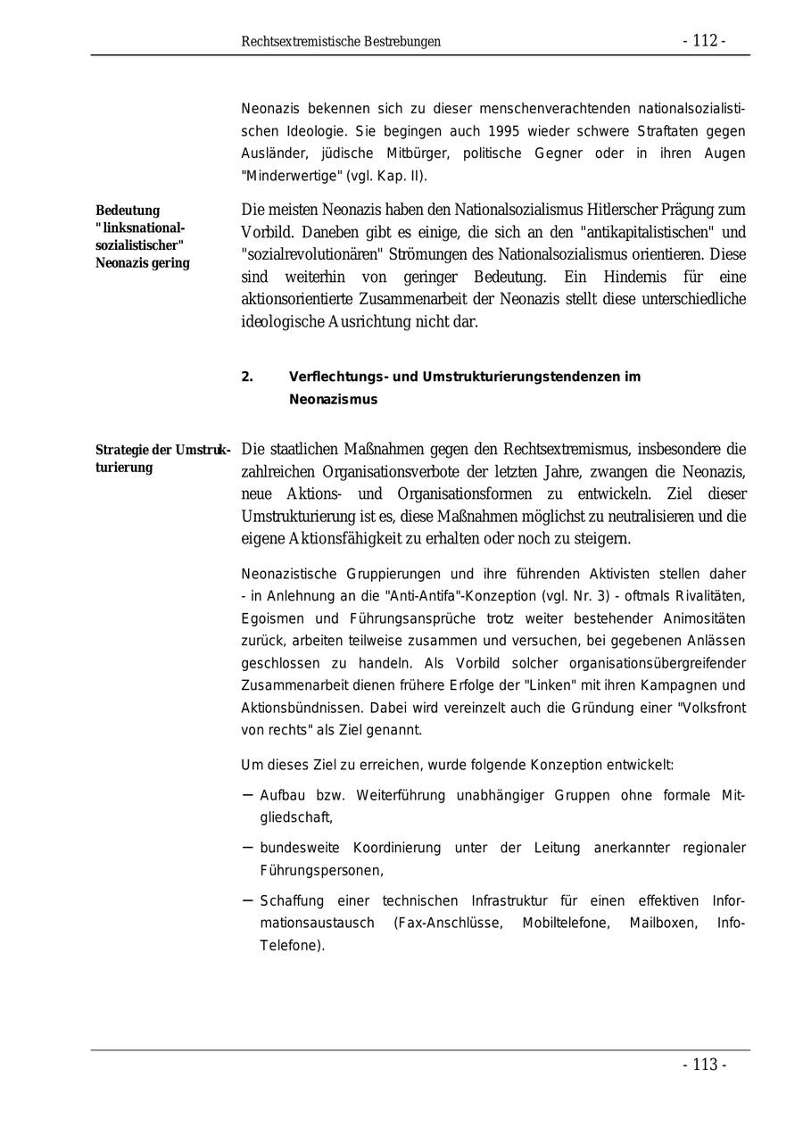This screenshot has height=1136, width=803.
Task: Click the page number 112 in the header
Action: (704, 41)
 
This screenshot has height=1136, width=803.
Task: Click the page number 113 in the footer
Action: (704, 1065)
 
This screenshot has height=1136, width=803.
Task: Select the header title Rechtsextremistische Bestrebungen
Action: (341, 42)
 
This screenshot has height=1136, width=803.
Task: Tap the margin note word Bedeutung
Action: (128, 211)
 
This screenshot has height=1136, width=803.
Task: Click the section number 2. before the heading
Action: (247, 377)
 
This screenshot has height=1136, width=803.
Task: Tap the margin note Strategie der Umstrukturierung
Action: (162, 458)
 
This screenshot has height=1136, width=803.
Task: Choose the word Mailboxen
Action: (661, 923)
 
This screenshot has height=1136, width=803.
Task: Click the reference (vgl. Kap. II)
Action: (377, 176)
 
